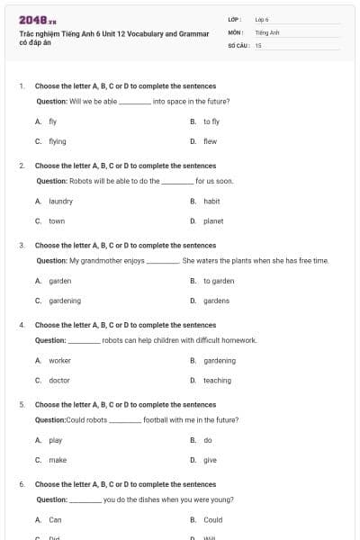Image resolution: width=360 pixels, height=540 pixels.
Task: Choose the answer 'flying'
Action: pyautogui.click(x=58, y=141)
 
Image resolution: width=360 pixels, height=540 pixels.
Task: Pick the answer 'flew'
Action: pyautogui.click(x=210, y=141)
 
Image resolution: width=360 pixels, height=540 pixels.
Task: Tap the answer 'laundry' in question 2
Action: pyautogui.click(x=60, y=202)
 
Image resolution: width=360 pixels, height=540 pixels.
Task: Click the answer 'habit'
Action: pyautogui.click(x=211, y=202)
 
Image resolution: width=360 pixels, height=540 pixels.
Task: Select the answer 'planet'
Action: pyautogui.click(x=213, y=221)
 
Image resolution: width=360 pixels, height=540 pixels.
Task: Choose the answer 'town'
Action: pyautogui.click(x=57, y=221)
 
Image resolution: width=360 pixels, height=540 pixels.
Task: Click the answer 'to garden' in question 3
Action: pyautogui.click(x=219, y=281)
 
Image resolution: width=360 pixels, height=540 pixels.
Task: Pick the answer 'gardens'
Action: pyautogui.click(x=216, y=301)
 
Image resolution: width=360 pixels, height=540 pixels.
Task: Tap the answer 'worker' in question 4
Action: pyautogui.click(x=59, y=361)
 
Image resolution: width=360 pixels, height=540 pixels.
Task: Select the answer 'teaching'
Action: pyautogui.click(x=217, y=381)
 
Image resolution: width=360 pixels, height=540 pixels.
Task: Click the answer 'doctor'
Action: pyautogui.click(x=59, y=381)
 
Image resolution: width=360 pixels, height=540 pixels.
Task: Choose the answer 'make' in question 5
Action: pyautogui.click(x=58, y=460)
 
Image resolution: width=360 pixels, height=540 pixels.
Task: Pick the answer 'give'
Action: pyautogui.click(x=210, y=460)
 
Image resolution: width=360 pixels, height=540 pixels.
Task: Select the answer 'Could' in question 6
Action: pyautogui.click(x=212, y=520)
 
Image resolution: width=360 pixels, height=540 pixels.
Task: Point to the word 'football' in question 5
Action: pyautogui.click(x=156, y=420)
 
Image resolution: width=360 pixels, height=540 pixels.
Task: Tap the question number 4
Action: pyautogui.click(x=22, y=325)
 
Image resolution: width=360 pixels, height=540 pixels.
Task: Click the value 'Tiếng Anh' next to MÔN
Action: pyautogui.click(x=268, y=31)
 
